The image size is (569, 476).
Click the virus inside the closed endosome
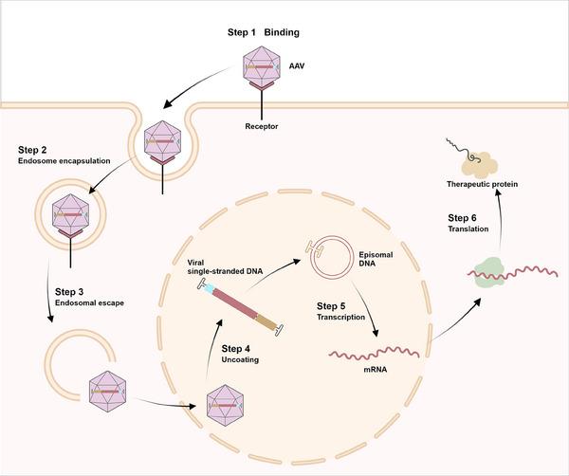click(x=74, y=215)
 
